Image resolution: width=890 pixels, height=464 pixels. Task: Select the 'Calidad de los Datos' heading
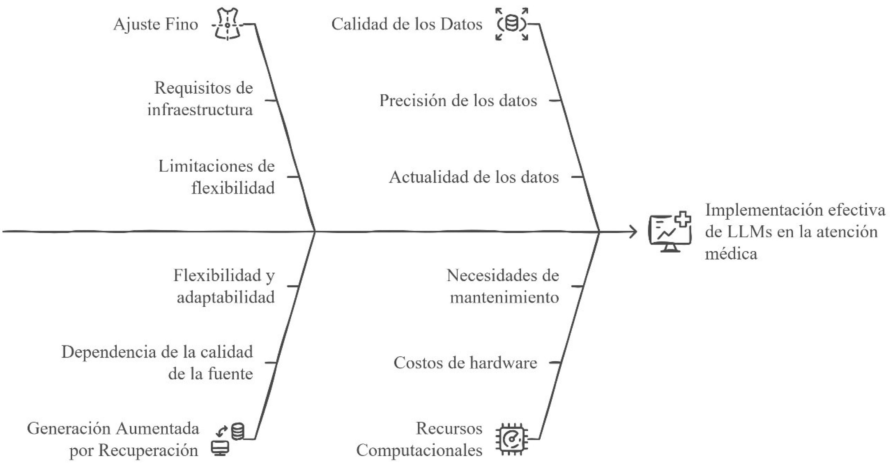click(x=407, y=25)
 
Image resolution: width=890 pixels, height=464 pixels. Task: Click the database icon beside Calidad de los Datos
click(x=512, y=25)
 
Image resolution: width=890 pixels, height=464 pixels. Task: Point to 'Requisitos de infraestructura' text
click(x=200, y=99)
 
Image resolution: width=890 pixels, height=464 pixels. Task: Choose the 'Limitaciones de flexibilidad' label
click(x=217, y=177)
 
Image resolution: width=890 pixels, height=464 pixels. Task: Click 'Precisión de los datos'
click(x=458, y=101)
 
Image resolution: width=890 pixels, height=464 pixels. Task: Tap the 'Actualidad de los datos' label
click(x=474, y=177)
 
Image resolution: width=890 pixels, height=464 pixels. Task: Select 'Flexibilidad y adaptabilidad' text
click(x=224, y=286)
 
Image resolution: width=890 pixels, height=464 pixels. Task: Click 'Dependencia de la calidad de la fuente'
click(x=157, y=363)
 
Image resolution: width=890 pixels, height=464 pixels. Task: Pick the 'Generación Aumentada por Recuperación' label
click(x=113, y=439)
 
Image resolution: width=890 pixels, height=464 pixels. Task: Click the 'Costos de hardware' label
click(x=465, y=363)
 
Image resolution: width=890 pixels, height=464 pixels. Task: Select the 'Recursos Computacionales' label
click(x=419, y=439)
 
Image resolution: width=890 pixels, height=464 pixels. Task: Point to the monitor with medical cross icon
click(x=670, y=232)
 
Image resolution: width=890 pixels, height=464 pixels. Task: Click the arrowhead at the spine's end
click(x=634, y=232)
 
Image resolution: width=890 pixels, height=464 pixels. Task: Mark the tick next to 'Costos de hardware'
click(x=555, y=363)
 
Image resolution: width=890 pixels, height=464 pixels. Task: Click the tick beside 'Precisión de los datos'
click(x=555, y=101)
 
